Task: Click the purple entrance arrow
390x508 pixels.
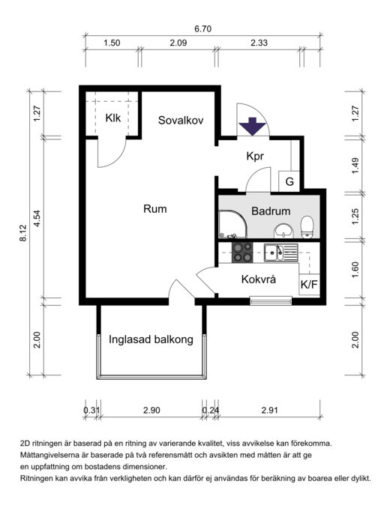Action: tap(253, 127)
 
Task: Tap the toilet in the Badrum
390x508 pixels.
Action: tap(307, 228)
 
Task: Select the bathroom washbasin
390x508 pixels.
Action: tap(284, 232)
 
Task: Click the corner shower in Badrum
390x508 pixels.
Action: tap(233, 224)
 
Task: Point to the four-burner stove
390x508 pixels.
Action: tap(242, 253)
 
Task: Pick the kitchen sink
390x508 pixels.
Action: tap(280, 253)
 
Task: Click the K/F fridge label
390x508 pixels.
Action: tap(309, 285)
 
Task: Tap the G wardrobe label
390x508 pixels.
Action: tap(289, 181)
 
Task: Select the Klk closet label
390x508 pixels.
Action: tap(112, 118)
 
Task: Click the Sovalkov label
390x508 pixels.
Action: tap(181, 120)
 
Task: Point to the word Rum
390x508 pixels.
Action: tap(155, 208)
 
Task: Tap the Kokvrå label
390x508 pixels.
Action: tap(259, 279)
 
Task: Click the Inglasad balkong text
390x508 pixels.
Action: tap(151, 339)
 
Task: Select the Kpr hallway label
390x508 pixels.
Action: tap(255, 156)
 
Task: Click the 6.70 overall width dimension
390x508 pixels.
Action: tap(203, 28)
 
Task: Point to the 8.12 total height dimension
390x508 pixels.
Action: tap(23, 233)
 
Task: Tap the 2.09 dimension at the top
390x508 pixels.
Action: tap(178, 43)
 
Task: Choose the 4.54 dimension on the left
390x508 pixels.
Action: tap(37, 218)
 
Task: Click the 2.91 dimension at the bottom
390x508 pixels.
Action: tap(270, 410)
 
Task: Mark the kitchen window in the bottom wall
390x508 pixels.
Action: tap(271, 300)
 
